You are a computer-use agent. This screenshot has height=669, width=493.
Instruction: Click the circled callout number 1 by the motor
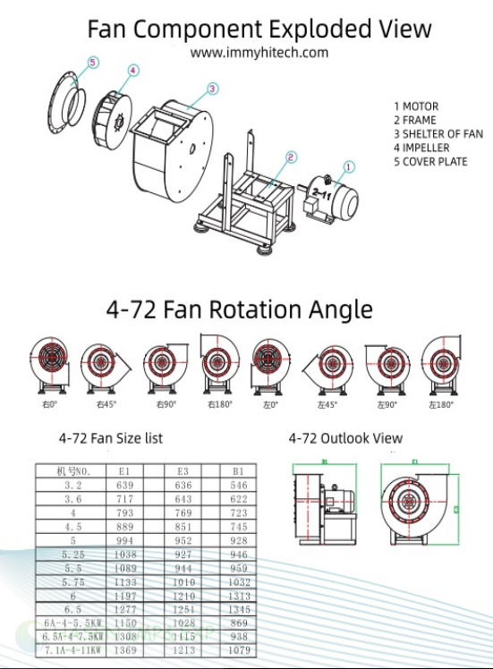pyautogui.click(x=349, y=166)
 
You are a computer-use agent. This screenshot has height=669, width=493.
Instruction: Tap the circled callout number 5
pyautogui.click(x=93, y=64)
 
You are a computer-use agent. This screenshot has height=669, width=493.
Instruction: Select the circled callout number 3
pyautogui.click(x=212, y=89)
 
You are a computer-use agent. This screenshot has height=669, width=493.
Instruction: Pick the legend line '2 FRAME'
pyautogui.click(x=415, y=120)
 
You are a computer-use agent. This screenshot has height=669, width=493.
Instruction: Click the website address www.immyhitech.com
pyautogui.click(x=259, y=52)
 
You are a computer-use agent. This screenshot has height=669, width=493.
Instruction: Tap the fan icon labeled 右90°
pyautogui.click(x=162, y=365)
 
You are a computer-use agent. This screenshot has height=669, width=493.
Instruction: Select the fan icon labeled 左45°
pyautogui.click(x=325, y=365)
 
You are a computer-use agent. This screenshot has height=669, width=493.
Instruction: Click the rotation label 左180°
pyautogui.click(x=440, y=405)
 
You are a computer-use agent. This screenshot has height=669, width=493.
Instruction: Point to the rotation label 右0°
pyautogui.click(x=48, y=405)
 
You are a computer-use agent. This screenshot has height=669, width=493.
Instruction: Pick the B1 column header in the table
pyautogui.click(x=238, y=470)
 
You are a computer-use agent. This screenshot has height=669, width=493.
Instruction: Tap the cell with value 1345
pyautogui.click(x=238, y=609)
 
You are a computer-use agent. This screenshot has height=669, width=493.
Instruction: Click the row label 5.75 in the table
pyautogui.click(x=72, y=581)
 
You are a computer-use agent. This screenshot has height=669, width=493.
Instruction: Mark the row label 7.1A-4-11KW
pyautogui.click(x=72, y=650)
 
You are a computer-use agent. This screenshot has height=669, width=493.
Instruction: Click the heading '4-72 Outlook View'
pyautogui.click(x=345, y=438)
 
